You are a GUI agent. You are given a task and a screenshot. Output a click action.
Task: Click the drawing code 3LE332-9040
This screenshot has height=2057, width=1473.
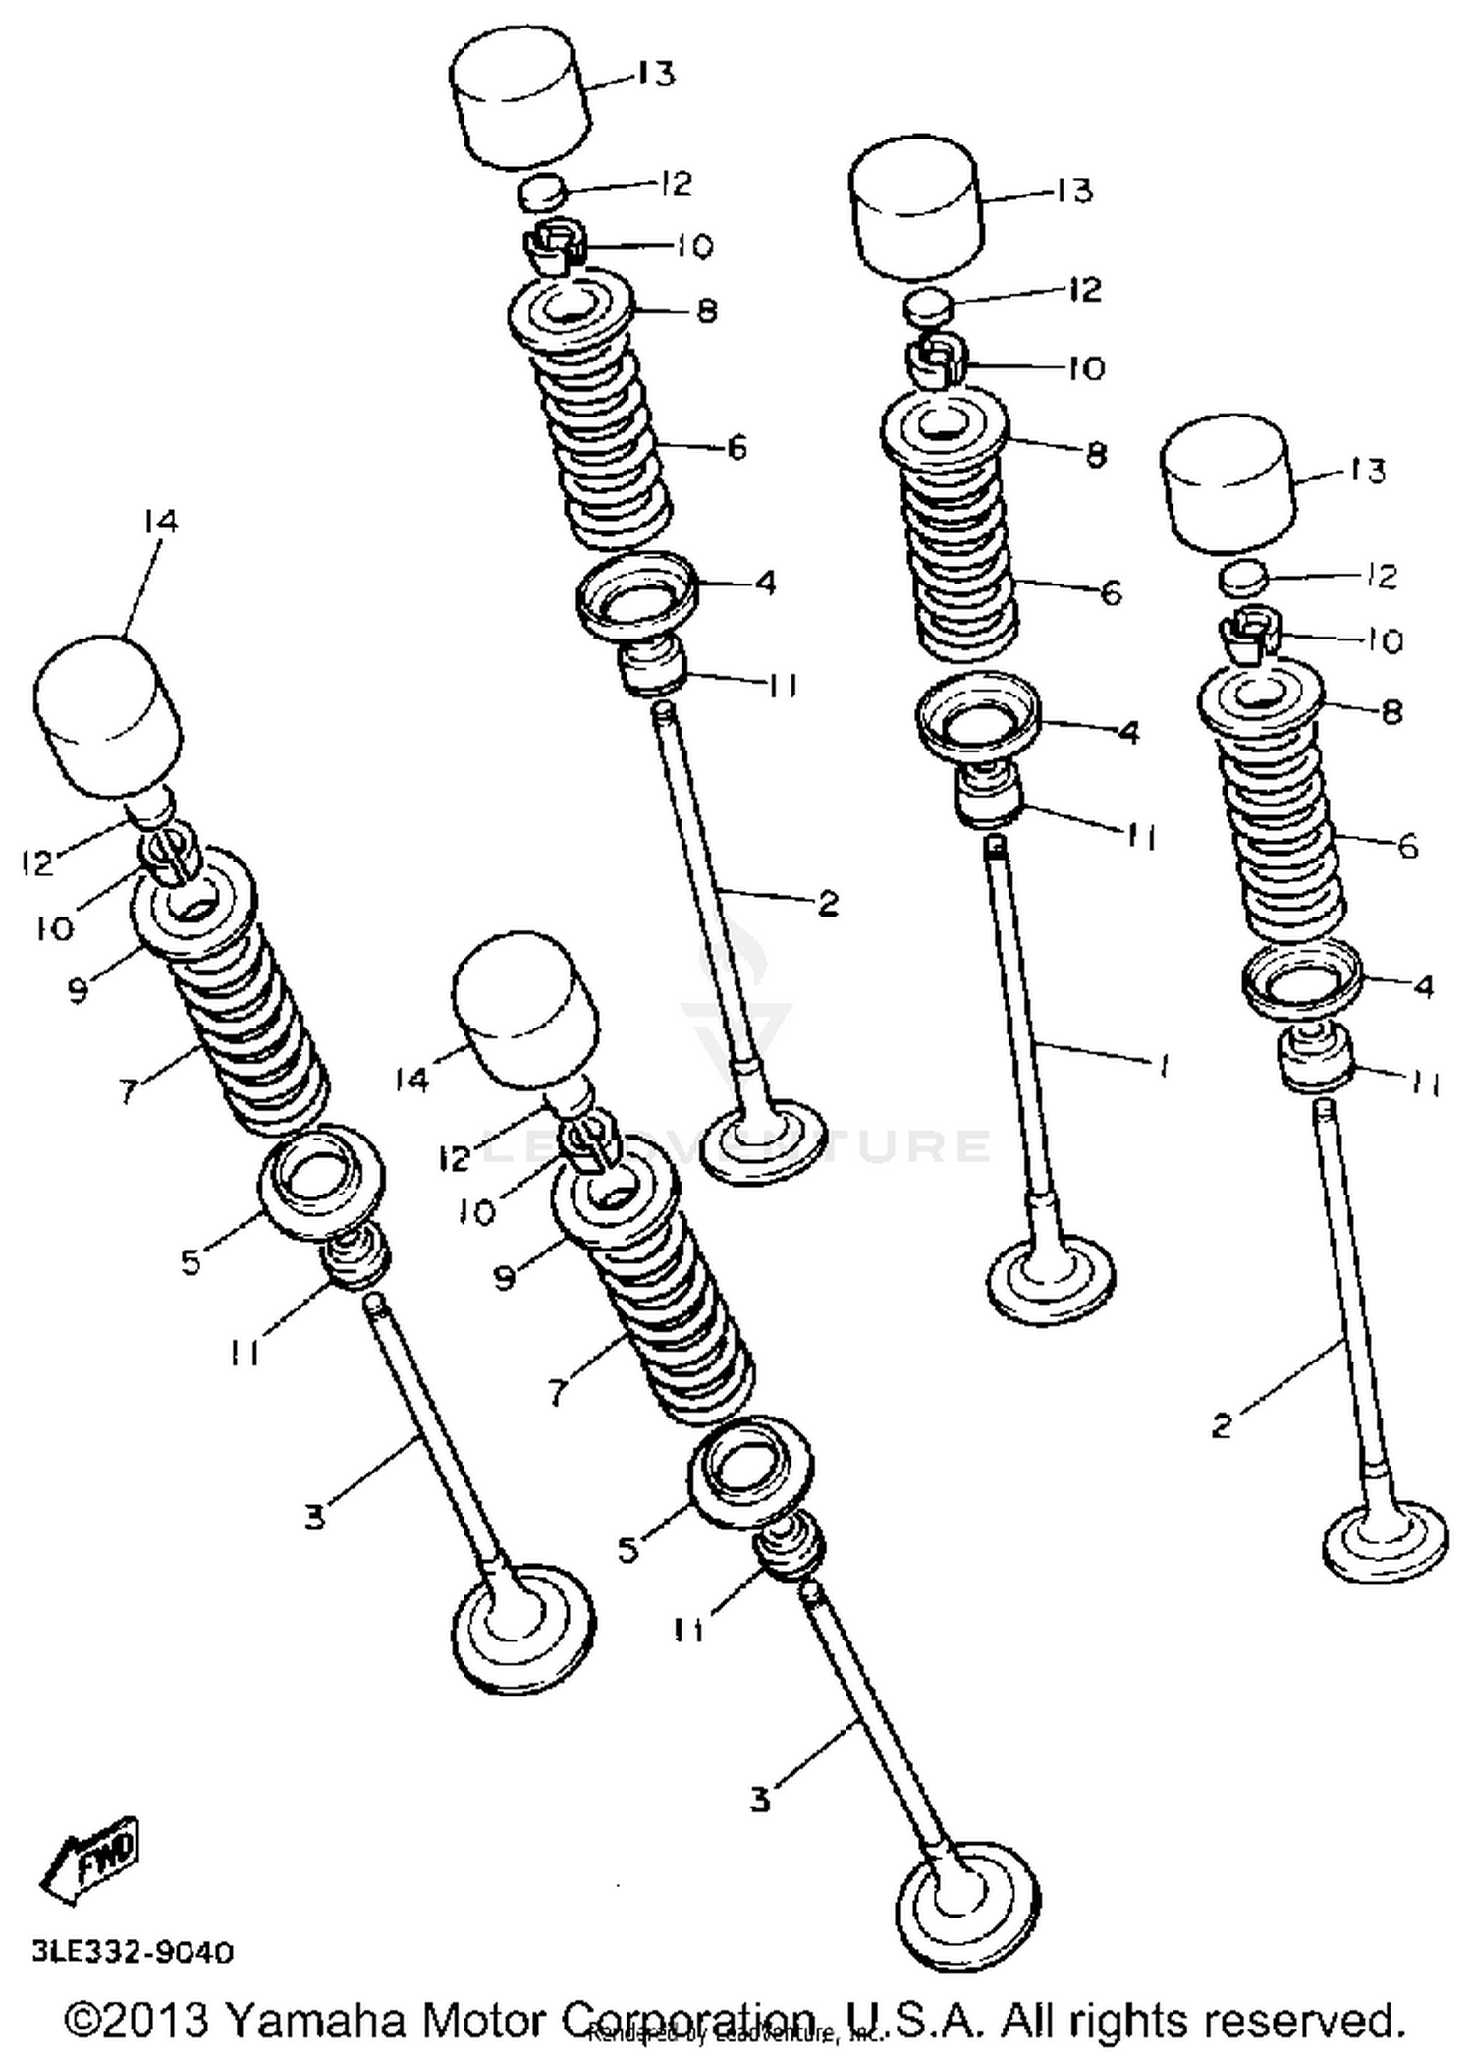tap(133, 1951)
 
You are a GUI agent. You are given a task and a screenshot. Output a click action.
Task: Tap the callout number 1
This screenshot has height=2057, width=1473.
tap(1163, 1065)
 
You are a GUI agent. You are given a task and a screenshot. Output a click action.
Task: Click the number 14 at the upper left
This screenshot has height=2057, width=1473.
tap(160, 521)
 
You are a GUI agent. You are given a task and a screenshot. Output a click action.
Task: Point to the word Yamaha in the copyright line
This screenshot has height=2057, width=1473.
tap(314, 2020)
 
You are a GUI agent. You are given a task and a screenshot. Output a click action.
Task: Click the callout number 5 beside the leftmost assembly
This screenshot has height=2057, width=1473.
tap(191, 1261)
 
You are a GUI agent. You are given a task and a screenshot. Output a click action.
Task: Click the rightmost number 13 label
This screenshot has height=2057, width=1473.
tap(1366, 471)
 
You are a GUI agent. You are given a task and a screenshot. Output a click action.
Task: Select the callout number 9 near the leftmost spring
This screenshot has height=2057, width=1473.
tap(78, 990)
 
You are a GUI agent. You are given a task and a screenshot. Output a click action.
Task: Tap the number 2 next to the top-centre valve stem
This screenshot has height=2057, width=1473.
tap(828, 904)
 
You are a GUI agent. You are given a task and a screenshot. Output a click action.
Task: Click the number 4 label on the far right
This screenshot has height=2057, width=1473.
tap(1423, 985)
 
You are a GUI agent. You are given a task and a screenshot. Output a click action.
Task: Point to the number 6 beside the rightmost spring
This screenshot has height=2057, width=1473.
tap(1407, 846)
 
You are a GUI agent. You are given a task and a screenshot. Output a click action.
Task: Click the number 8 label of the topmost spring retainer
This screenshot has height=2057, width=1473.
tap(707, 311)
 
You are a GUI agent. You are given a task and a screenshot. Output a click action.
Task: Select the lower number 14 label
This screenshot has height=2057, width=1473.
tap(412, 1080)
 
